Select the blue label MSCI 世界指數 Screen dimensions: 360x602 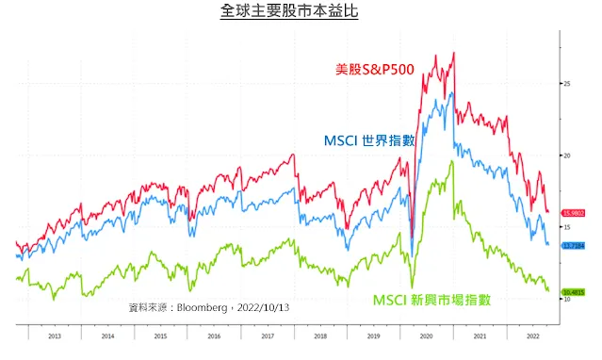(x=368, y=140)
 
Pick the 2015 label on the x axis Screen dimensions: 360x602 (x=161, y=335)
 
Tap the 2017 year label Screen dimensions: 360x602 (x=268, y=335)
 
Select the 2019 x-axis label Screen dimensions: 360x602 (x=373, y=335)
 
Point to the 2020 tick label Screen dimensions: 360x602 (x=426, y=335)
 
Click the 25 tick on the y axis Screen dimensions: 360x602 (x=567, y=84)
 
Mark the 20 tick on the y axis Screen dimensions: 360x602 (x=567, y=155)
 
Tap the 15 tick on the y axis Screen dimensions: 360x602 (x=567, y=227)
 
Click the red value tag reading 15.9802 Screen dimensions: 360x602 (x=574, y=214)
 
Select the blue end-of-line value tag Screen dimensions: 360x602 (x=574, y=245)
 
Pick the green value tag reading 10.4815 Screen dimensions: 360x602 (x=574, y=292)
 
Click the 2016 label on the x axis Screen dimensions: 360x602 (x=214, y=335)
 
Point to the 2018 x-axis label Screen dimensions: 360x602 (x=320, y=335)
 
